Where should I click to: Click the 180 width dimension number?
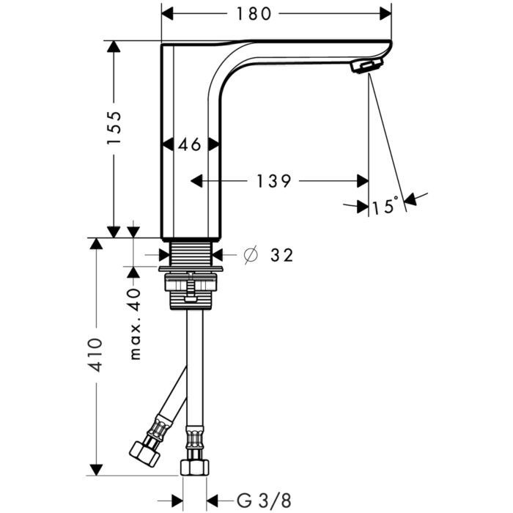pyautogui.click(x=254, y=14)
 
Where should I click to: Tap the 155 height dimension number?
pyautogui.click(x=114, y=128)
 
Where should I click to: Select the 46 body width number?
pyautogui.click(x=189, y=144)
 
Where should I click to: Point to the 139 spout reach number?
pyautogui.click(x=273, y=181)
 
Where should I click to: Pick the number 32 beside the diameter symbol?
pyautogui.click(x=281, y=255)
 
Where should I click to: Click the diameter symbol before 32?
pyautogui.click(x=251, y=255)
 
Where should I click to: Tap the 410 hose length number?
pyautogui.click(x=97, y=355)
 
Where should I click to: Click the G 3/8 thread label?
pyautogui.click(x=264, y=501)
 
